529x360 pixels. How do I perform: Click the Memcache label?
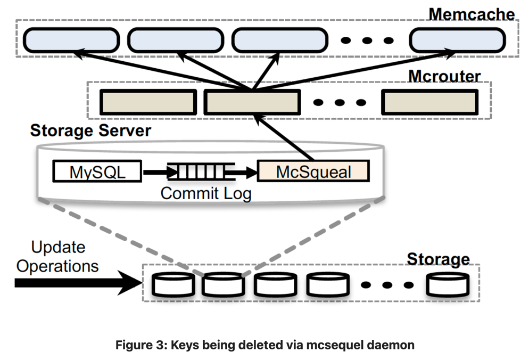coord(472,13)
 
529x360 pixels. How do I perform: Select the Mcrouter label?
coord(444,76)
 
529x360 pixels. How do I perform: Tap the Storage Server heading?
coord(90,130)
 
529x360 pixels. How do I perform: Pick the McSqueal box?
coord(313,172)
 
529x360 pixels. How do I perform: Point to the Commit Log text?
coord(206,193)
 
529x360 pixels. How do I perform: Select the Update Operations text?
coord(57,256)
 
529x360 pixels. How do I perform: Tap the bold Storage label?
coord(438,259)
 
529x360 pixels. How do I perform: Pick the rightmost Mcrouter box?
coord(429,101)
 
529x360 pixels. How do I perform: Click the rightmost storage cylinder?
coord(448,284)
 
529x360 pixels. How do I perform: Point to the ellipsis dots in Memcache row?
coord(368,40)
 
